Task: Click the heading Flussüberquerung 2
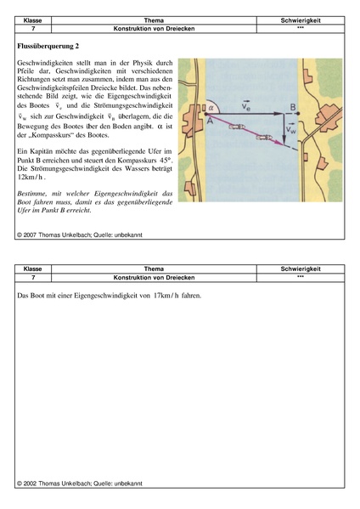click(48, 46)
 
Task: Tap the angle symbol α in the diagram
click(211, 108)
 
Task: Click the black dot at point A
click(206, 114)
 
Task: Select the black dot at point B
click(298, 114)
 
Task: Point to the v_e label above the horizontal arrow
click(246, 106)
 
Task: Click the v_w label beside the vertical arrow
click(291, 129)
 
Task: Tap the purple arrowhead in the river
click(280, 142)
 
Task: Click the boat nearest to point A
click(236, 127)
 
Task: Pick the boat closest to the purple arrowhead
click(264, 138)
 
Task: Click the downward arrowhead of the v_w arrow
click(284, 140)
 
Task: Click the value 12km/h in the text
click(31, 178)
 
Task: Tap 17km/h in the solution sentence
click(166, 296)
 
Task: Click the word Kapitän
click(42, 151)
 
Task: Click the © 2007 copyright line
click(80, 235)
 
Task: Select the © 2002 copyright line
click(80, 484)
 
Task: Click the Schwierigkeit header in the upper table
click(301, 20)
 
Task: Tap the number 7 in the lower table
click(33, 278)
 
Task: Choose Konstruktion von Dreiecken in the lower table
click(154, 278)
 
